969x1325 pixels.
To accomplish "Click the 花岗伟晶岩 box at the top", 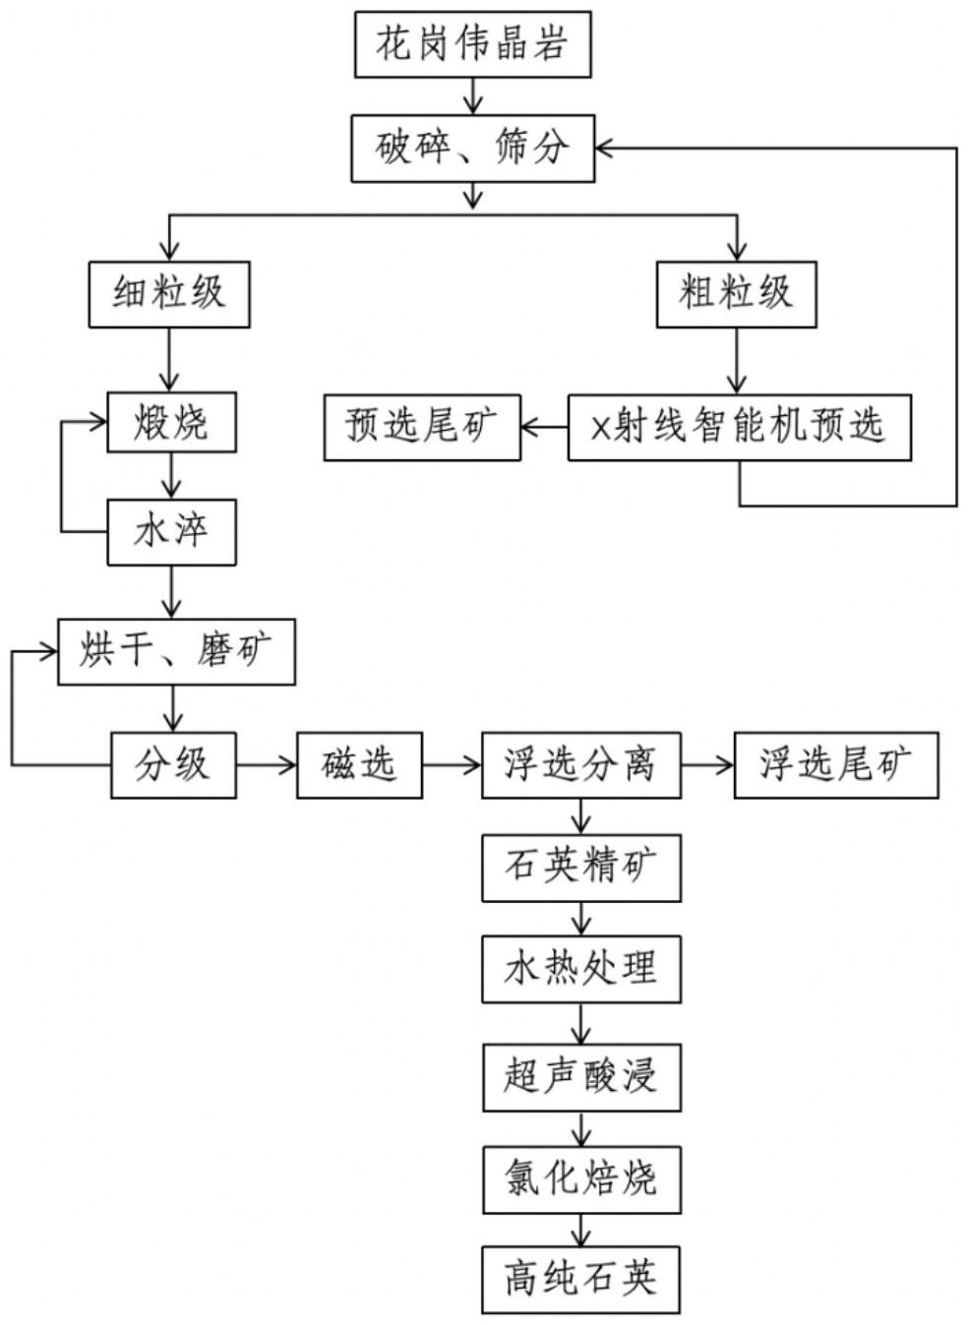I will click(472, 44).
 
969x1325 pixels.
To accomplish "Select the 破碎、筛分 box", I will click(472, 149).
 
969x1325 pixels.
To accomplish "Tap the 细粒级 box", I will click(169, 294).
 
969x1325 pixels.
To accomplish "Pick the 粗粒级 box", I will click(736, 294).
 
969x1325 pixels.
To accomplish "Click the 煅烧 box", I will click(171, 424).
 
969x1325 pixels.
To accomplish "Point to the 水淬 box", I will click(171, 532).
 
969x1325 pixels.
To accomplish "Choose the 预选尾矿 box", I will click(422, 427).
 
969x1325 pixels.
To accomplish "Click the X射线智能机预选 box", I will click(739, 427).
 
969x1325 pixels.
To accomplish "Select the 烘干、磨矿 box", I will click(176, 651).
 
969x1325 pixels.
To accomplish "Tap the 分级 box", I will click(172, 764).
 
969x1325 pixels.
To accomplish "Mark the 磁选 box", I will click(359, 764).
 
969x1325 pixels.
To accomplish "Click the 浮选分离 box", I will click(580, 764).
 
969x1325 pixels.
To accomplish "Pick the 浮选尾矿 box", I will click(836, 764).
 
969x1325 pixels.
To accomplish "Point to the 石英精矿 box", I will click(580, 868).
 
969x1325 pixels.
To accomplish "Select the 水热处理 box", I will click(580, 970).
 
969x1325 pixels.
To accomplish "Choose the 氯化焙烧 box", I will click(580, 1178).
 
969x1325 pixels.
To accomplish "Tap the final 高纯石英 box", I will click(580, 1280).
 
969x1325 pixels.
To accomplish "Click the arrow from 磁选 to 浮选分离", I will click(452, 764).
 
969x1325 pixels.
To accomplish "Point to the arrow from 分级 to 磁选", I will click(266, 764).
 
